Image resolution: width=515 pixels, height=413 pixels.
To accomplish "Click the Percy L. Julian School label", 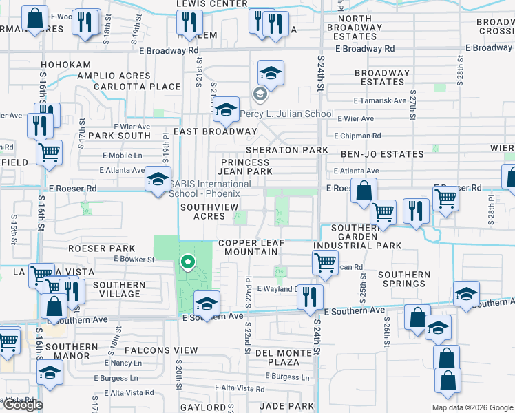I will click(x=291, y=114).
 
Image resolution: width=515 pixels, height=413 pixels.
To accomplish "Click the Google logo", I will click(x=22, y=405).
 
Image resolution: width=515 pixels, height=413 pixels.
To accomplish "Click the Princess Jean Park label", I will click(x=246, y=167).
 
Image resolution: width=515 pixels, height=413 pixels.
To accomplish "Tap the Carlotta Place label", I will click(x=136, y=87).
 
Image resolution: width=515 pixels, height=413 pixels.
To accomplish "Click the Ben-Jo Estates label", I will click(x=380, y=154).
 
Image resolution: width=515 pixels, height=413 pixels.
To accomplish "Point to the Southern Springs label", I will click(x=403, y=279).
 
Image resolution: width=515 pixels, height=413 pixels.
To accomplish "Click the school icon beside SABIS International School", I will click(x=158, y=181).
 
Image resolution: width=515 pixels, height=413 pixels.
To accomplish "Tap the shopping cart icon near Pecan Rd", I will click(x=324, y=262).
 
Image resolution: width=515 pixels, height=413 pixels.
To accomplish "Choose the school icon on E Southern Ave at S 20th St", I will click(x=207, y=302).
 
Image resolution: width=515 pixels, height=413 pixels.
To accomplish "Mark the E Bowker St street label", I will click(x=134, y=260).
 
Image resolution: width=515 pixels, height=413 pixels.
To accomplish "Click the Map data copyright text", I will click(x=472, y=407).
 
